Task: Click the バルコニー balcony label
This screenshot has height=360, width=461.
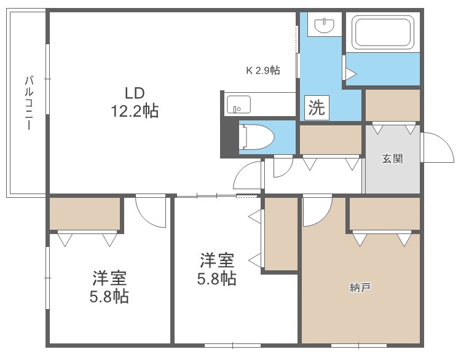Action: coord(28,102)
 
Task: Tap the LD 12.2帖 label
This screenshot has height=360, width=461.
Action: coord(134,102)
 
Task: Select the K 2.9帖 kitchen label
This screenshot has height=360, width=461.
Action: coord(263,70)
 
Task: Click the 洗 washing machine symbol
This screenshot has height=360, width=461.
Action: coord(315,108)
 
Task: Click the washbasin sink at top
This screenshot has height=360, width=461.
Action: coord(323,25)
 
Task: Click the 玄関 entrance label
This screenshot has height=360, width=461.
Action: coord(392,158)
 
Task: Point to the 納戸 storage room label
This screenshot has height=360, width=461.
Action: coord(360,287)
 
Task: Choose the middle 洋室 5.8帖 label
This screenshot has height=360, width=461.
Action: coord(216,269)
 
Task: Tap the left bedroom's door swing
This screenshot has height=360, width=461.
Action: coord(149,211)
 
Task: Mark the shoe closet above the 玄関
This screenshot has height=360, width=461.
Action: coord(392,105)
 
